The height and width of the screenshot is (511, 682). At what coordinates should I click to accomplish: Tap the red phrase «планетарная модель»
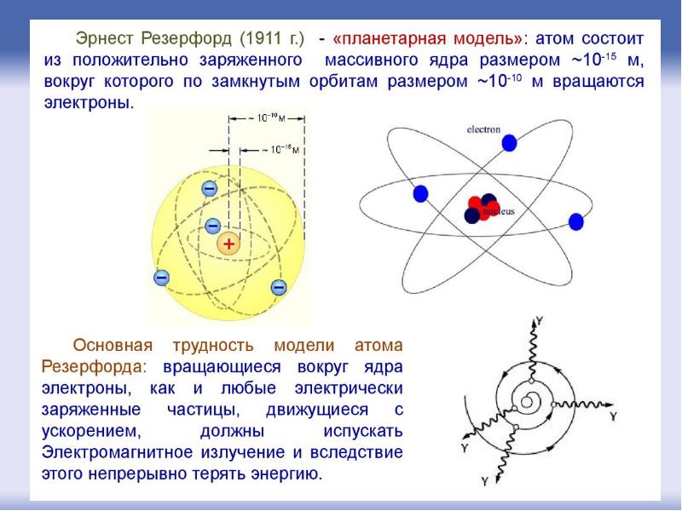click(x=428, y=38)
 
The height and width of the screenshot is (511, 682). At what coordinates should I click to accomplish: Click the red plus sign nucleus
click(x=228, y=244)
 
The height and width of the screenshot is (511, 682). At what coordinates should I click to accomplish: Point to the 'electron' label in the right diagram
click(x=483, y=129)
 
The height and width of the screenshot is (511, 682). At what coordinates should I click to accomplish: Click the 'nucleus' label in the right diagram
click(x=499, y=211)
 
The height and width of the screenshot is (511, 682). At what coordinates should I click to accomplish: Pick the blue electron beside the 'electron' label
click(x=509, y=143)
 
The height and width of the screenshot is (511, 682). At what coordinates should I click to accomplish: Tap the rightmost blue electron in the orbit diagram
click(x=576, y=221)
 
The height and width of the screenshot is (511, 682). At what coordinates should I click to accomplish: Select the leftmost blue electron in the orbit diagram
click(x=420, y=193)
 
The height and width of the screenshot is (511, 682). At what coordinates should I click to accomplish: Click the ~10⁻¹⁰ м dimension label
click(x=267, y=118)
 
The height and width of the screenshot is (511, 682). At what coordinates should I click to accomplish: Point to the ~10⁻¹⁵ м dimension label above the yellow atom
click(x=280, y=150)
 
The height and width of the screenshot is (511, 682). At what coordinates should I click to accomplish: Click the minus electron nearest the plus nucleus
click(x=212, y=226)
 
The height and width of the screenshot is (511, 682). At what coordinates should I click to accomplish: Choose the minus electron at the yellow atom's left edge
click(x=161, y=278)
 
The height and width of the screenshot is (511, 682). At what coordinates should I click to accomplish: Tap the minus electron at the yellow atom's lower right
click(x=279, y=287)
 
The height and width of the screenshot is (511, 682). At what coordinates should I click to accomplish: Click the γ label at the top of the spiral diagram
click(x=540, y=322)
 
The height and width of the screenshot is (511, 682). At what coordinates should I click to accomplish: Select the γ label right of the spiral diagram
click(x=613, y=416)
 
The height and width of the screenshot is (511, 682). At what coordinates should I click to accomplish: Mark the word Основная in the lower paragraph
click(x=113, y=346)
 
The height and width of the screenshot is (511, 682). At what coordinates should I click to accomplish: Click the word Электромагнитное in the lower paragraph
click(x=117, y=452)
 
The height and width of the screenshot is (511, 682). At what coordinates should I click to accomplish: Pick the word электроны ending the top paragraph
click(x=90, y=103)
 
